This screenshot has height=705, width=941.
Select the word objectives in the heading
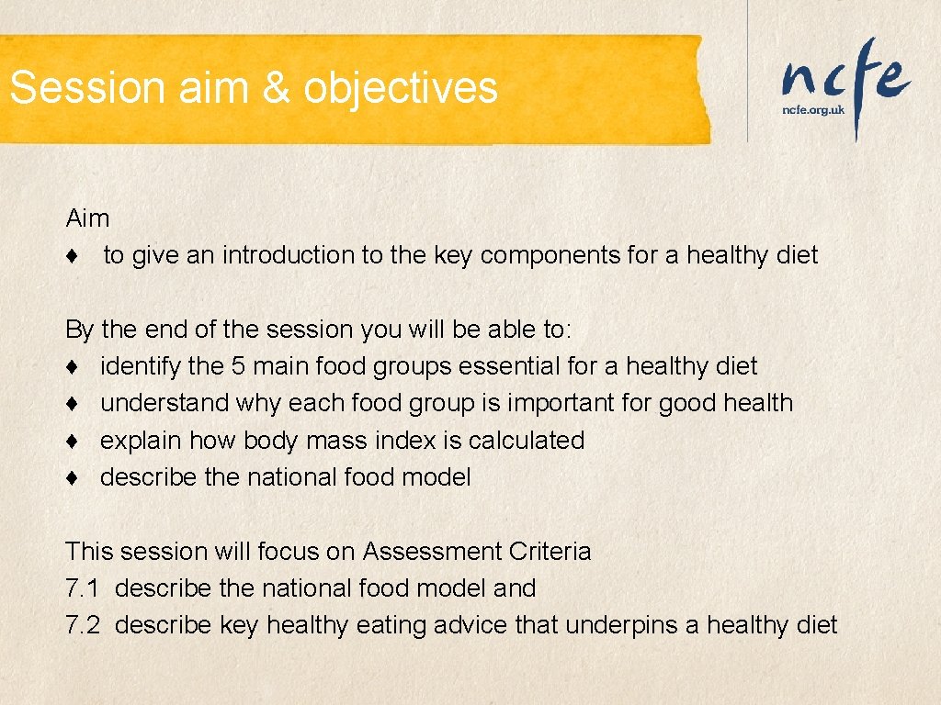401,88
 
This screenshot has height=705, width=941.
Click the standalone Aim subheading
87,218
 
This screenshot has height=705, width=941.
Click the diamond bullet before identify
71,367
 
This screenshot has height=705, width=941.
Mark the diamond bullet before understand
71,404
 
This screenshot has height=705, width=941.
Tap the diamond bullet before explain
71,442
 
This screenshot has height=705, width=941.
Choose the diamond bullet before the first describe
71,478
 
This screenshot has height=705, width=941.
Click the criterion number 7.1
84,588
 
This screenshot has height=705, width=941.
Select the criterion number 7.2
84,626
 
